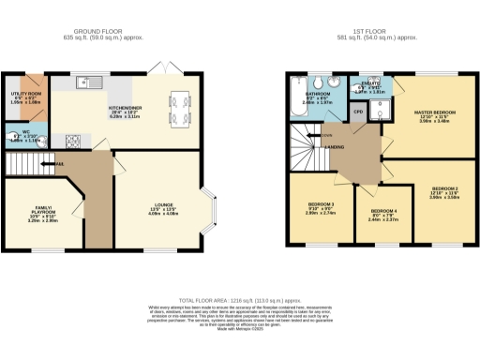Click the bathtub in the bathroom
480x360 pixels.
[299, 112]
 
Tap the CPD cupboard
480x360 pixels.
[358, 112]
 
